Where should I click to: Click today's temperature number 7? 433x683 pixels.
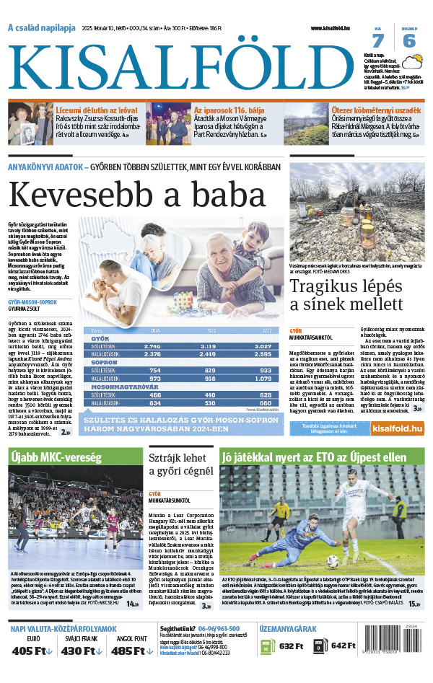click(x=378, y=40)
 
